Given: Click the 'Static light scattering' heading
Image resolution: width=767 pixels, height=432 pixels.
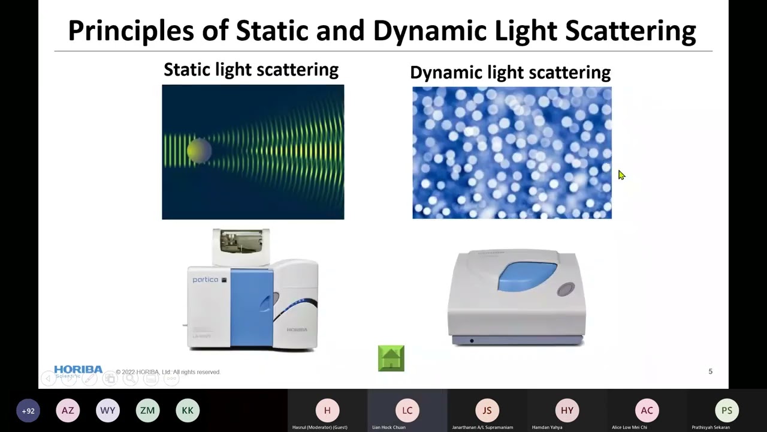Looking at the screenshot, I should pyautogui.click(x=250, y=70).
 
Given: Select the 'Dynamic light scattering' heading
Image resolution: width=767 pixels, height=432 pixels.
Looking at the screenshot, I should pyautogui.click(x=510, y=73).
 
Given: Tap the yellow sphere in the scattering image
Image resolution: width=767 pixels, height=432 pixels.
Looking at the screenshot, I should pyautogui.click(x=199, y=151).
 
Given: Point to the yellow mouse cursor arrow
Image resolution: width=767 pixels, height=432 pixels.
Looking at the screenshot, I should pyautogui.click(x=621, y=175).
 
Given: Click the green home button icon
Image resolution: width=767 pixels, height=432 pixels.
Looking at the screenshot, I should pyautogui.click(x=391, y=358).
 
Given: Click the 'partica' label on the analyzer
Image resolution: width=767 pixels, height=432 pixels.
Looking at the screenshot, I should pyautogui.click(x=205, y=280).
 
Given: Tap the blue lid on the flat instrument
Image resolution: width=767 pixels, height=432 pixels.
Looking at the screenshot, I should pyautogui.click(x=527, y=277).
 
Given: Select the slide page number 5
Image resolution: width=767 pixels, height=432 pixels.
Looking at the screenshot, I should pyautogui.click(x=710, y=371).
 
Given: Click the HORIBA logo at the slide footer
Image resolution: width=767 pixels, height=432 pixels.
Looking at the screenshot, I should pyautogui.click(x=78, y=370).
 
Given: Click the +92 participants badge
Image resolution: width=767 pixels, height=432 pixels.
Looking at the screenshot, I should pyautogui.click(x=28, y=411).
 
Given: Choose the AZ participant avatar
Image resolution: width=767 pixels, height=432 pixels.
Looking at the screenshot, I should pyautogui.click(x=68, y=410).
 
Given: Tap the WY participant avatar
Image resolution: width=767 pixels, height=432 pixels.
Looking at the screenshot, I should pyautogui.click(x=108, y=410).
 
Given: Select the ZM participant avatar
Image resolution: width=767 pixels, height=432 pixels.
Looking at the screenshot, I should pyautogui.click(x=147, y=410).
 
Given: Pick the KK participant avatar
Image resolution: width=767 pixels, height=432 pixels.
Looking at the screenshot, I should pyautogui.click(x=188, y=410).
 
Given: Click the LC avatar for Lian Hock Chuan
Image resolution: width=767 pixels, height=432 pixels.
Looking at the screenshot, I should pyautogui.click(x=407, y=410).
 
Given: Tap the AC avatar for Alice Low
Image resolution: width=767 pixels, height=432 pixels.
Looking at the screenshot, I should pyautogui.click(x=647, y=410).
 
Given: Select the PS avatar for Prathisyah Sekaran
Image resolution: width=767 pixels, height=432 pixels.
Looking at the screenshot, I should pyautogui.click(x=726, y=410).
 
